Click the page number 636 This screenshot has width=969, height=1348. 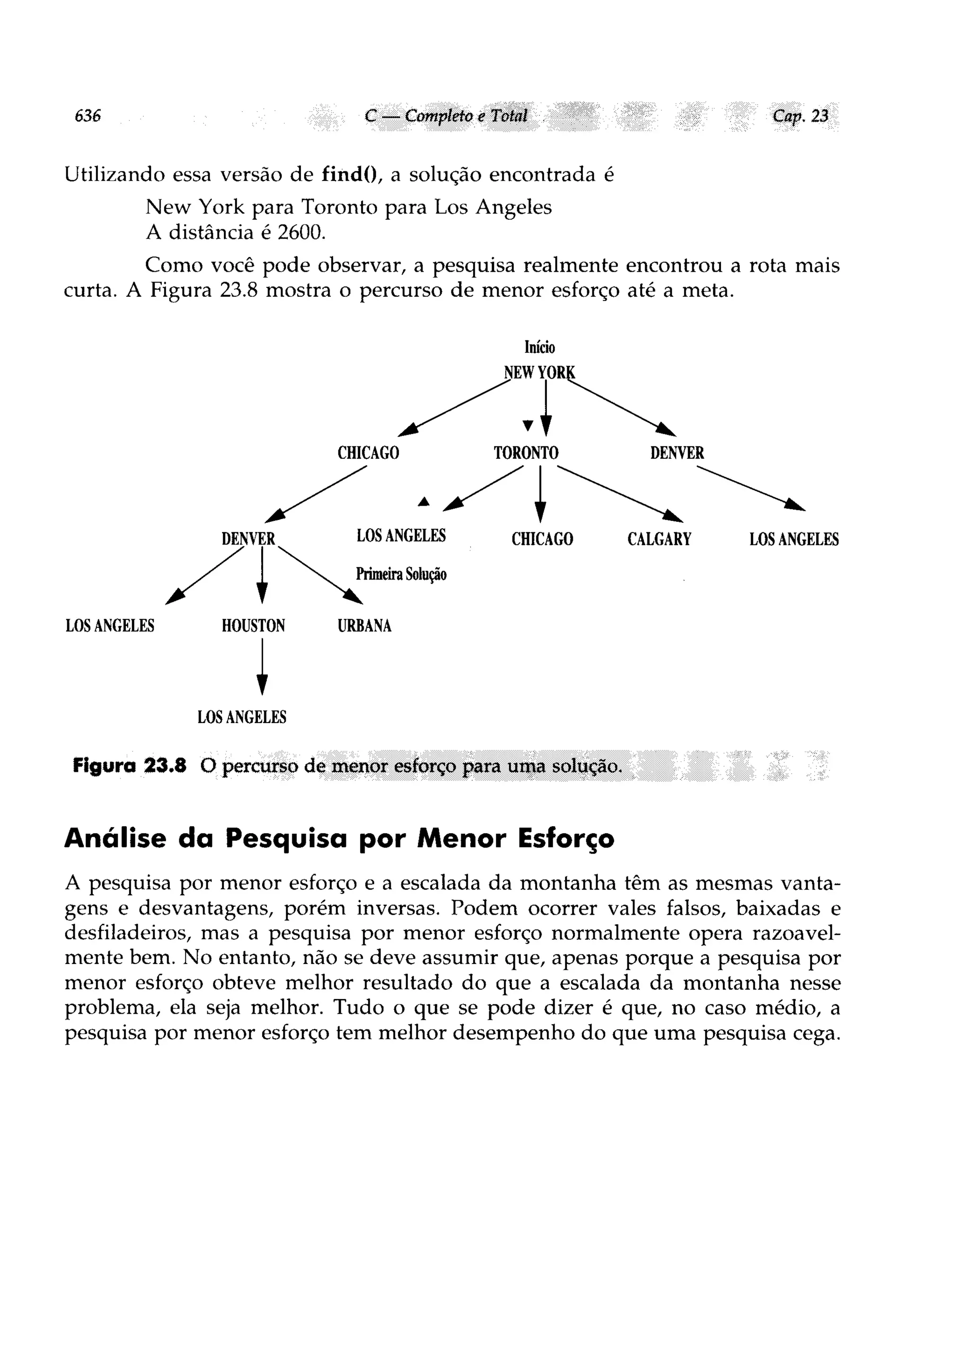coord(88,116)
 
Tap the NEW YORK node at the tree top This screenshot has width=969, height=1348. coord(539,373)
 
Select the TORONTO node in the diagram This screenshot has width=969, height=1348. coord(526,453)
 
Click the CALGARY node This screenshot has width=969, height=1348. coord(659,539)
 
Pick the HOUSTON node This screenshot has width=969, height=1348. coord(253,625)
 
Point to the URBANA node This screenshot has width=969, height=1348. coord(364,625)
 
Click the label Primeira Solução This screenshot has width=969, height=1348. coord(401,574)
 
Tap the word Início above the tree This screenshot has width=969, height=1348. coord(539,347)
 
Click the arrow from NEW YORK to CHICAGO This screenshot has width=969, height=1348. coord(455,408)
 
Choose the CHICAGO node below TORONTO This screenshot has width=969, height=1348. coord(542,539)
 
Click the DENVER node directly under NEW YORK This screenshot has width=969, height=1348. coord(677,453)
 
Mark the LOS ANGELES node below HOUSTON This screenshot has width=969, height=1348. coord(242,717)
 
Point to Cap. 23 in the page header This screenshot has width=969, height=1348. coord(800,116)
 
